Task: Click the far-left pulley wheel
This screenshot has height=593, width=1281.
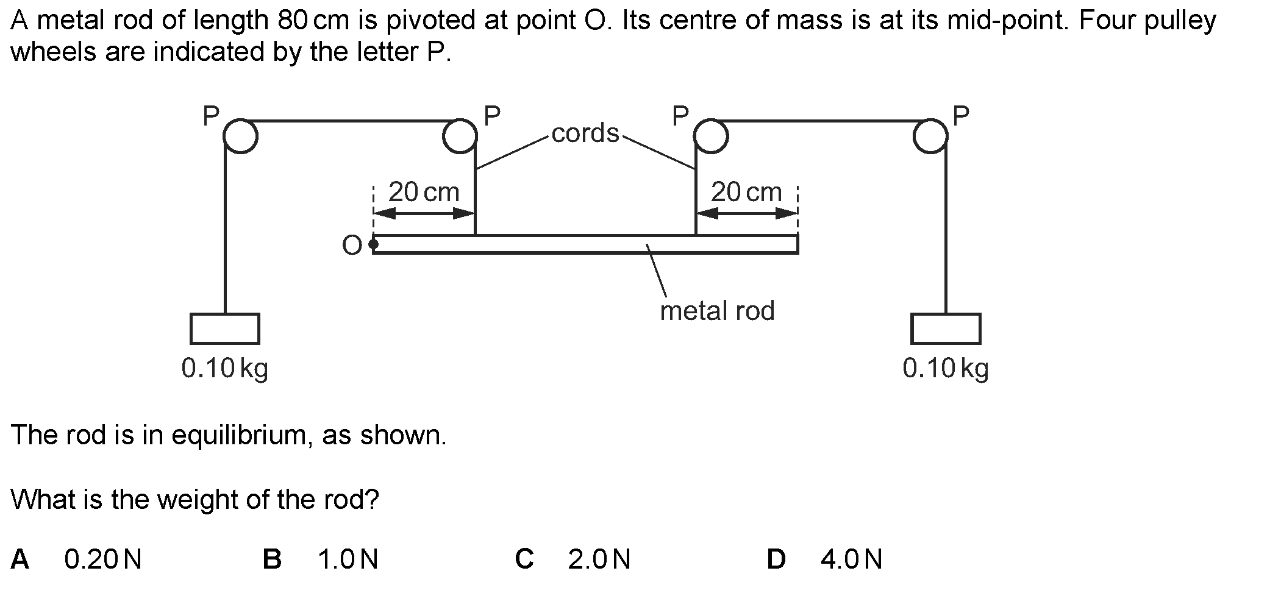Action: coord(240,137)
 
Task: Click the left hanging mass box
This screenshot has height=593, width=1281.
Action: coord(225,329)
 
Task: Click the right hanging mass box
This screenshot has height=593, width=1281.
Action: coord(946,329)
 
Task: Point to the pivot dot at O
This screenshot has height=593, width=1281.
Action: coord(374,244)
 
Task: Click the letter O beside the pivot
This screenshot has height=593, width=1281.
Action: coord(352,246)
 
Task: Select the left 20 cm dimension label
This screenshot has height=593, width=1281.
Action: coord(423,193)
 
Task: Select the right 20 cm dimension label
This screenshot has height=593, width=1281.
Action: coord(746,193)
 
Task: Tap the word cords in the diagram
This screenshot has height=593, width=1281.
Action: coord(585,133)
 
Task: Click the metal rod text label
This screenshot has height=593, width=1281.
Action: coord(717,311)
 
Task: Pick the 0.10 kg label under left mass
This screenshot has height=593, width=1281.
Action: coord(225,368)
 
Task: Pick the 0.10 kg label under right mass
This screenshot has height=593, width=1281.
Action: coord(946,368)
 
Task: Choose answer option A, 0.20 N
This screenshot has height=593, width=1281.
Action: coord(102,559)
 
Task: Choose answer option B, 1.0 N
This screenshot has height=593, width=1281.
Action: coord(348,559)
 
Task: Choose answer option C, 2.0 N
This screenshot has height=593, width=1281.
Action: coord(599,559)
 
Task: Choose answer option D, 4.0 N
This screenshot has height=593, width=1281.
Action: coord(851,559)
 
